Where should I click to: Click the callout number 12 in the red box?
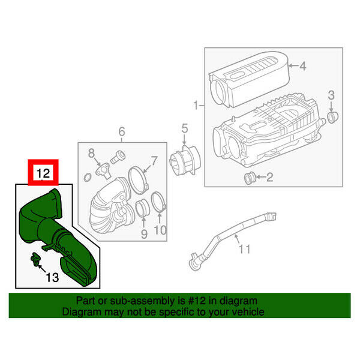tap(43, 173)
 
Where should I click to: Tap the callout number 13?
tap(53, 277)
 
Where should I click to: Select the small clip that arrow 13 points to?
tap(35, 259)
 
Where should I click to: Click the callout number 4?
tap(303, 66)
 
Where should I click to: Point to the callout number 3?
tap(331, 95)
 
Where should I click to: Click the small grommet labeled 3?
tap(332, 117)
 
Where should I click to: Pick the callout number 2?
tap(269, 177)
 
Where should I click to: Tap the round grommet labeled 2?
tap(250, 178)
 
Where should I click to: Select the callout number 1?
tap(196, 106)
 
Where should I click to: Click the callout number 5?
tap(185, 128)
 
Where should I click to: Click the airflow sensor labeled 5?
tap(185, 161)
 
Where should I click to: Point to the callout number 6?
tap(122, 131)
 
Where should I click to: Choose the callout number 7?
tap(154, 161)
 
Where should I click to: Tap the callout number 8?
tap(91, 153)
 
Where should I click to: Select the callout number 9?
tap(144, 234)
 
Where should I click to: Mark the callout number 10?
tap(160, 230)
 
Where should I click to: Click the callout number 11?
tap(245, 249)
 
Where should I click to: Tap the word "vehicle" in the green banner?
tap(248, 312)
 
